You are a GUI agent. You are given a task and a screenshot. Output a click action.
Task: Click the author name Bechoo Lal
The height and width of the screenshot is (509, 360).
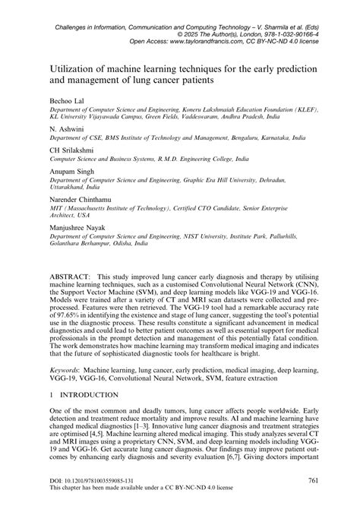pyautogui.click(x=62, y=101)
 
